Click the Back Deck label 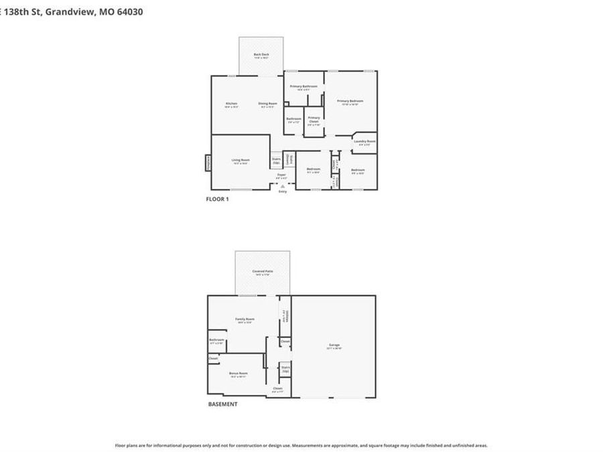tap(261, 55)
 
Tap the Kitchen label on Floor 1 tap(231, 104)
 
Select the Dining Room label tap(268, 104)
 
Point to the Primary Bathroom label tap(303, 86)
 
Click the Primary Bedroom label tap(350, 101)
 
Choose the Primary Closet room tap(314, 120)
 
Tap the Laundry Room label tap(364, 141)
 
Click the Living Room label tap(241, 160)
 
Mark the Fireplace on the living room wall tap(208, 163)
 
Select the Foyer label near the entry tap(282, 175)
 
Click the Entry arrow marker tap(282, 188)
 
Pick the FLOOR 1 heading tap(217, 199)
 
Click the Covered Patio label tap(262, 271)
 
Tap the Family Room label tap(245, 319)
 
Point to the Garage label tap(334, 346)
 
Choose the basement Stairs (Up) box tap(285, 368)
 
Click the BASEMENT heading tap(222, 404)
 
